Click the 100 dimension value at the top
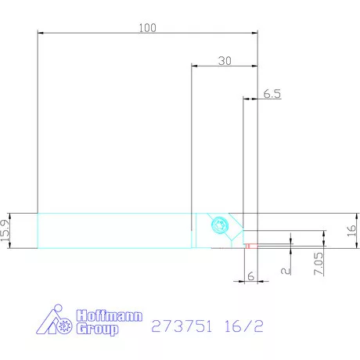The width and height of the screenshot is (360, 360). [x=147, y=27]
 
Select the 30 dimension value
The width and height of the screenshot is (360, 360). [x=225, y=61]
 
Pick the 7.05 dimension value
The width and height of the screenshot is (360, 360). [x=319, y=261]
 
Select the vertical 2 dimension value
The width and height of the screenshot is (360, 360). [x=287, y=269]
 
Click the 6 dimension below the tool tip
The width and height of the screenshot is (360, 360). [x=250, y=276]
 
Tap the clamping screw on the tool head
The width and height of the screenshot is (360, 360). [x=219, y=226]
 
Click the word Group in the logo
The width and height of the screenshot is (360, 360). [x=97, y=329]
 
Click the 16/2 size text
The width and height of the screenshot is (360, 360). [x=241, y=326]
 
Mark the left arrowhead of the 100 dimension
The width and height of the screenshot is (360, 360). [x=41, y=33]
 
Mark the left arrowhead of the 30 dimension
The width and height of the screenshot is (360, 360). [x=195, y=67]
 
